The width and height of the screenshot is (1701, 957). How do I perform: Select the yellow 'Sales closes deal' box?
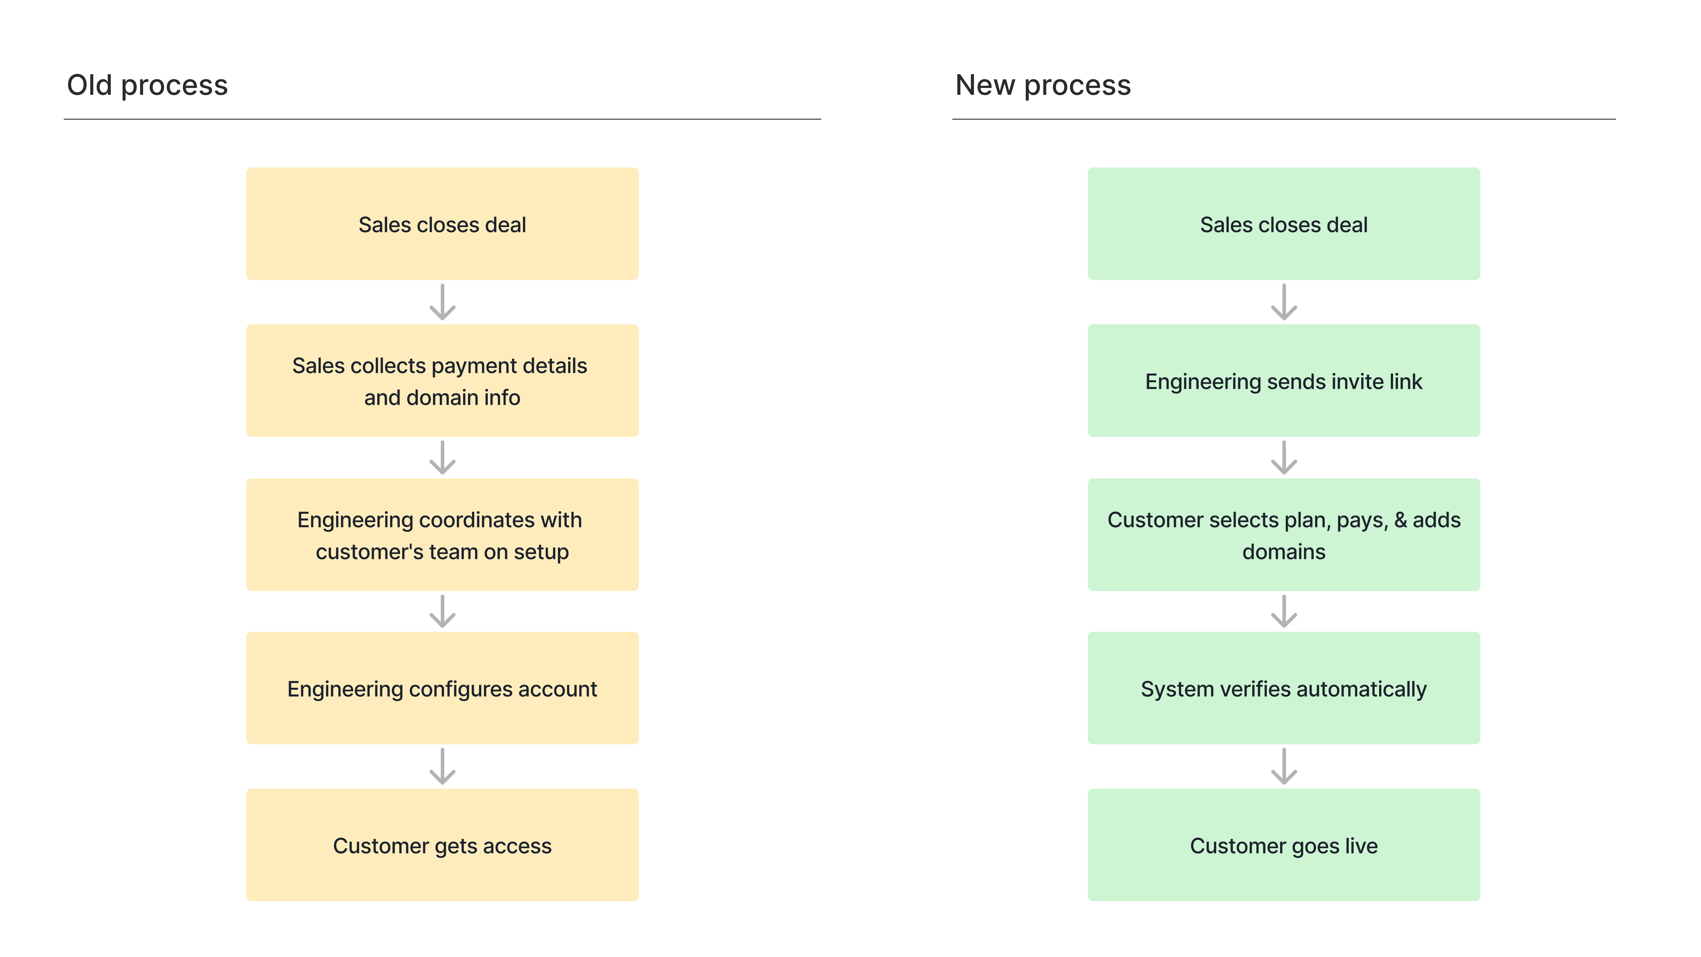click(x=443, y=224)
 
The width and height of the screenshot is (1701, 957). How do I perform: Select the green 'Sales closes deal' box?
click(x=1284, y=224)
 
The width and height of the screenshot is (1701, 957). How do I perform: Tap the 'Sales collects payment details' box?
click(x=443, y=380)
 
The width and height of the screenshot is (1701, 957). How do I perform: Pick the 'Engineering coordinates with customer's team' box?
click(x=443, y=535)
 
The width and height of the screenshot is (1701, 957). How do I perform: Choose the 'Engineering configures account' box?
click(x=443, y=688)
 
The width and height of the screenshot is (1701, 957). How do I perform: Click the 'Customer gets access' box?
click(x=443, y=845)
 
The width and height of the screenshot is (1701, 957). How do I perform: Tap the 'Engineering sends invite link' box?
click(x=1284, y=380)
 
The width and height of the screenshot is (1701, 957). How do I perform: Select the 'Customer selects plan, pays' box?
click(x=1284, y=535)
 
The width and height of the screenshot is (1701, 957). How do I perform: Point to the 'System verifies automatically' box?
click(x=1284, y=688)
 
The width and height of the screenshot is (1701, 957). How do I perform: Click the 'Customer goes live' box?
click(x=1284, y=845)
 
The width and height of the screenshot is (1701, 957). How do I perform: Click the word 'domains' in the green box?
click(x=1284, y=551)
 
